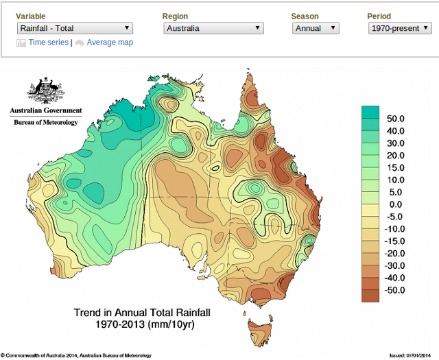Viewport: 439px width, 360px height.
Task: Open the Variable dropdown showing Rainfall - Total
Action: point(74,28)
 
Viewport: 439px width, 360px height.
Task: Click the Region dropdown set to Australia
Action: point(213,28)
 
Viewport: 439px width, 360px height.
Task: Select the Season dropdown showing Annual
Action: point(315,28)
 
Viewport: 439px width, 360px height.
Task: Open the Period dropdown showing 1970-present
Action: point(400,28)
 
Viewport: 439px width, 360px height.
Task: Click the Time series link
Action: point(48,43)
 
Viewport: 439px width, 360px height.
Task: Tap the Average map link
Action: point(110,43)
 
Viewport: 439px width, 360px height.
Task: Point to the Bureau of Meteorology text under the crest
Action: point(46,122)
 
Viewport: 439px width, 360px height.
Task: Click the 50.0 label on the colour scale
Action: point(396,119)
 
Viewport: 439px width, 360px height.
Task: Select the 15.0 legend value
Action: point(396,167)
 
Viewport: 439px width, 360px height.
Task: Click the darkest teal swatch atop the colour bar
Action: point(370,112)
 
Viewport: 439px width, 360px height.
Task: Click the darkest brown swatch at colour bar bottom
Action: point(370,296)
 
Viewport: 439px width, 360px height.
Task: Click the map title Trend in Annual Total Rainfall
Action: point(143,313)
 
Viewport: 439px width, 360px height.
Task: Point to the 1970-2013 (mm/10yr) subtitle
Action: point(143,324)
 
